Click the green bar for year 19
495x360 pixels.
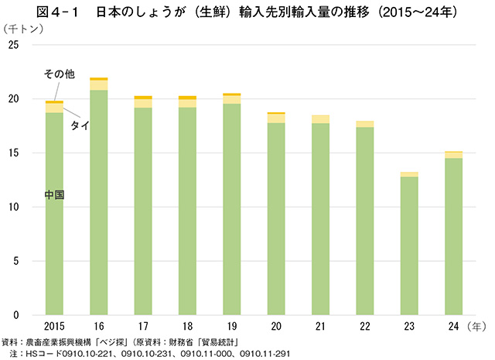point(231,210)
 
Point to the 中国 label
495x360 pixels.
point(53,195)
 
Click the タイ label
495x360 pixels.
point(79,125)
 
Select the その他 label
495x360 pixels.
point(59,74)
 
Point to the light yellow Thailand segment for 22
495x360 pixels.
point(364,124)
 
